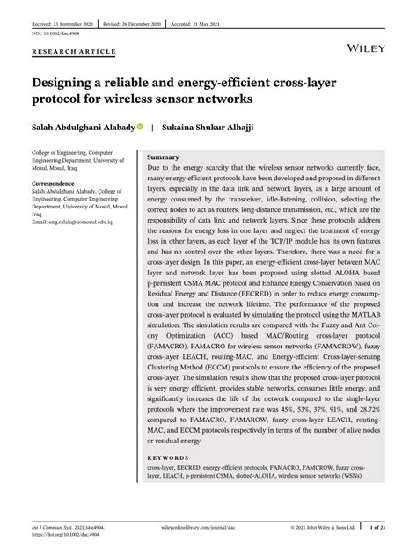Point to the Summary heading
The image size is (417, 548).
click(x=163, y=157)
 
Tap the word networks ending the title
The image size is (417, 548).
click(x=223, y=101)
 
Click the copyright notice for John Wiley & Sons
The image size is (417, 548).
click(x=323, y=528)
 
